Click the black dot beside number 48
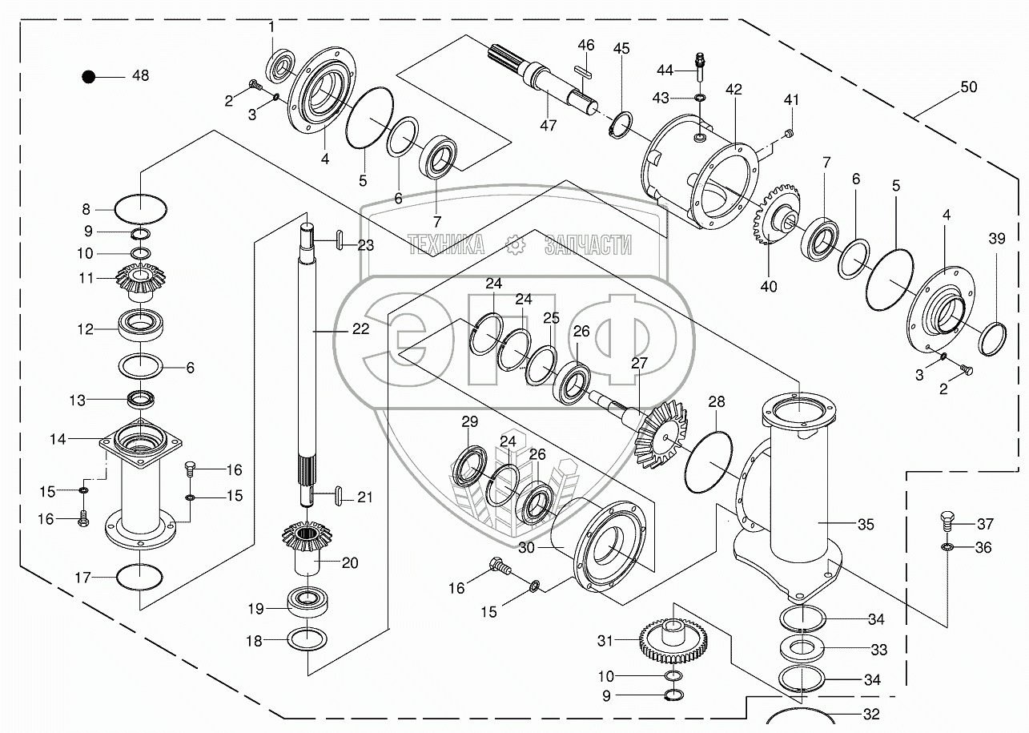88,76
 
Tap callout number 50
968,87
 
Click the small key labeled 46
584,70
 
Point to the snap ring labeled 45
621,124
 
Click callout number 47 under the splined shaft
548,125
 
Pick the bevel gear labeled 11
140,282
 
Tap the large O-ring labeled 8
141,209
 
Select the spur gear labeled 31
673,640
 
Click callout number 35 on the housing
866,524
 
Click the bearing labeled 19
307,599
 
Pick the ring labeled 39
993,339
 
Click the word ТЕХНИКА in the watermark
446,244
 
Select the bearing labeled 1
281,66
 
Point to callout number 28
716,401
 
